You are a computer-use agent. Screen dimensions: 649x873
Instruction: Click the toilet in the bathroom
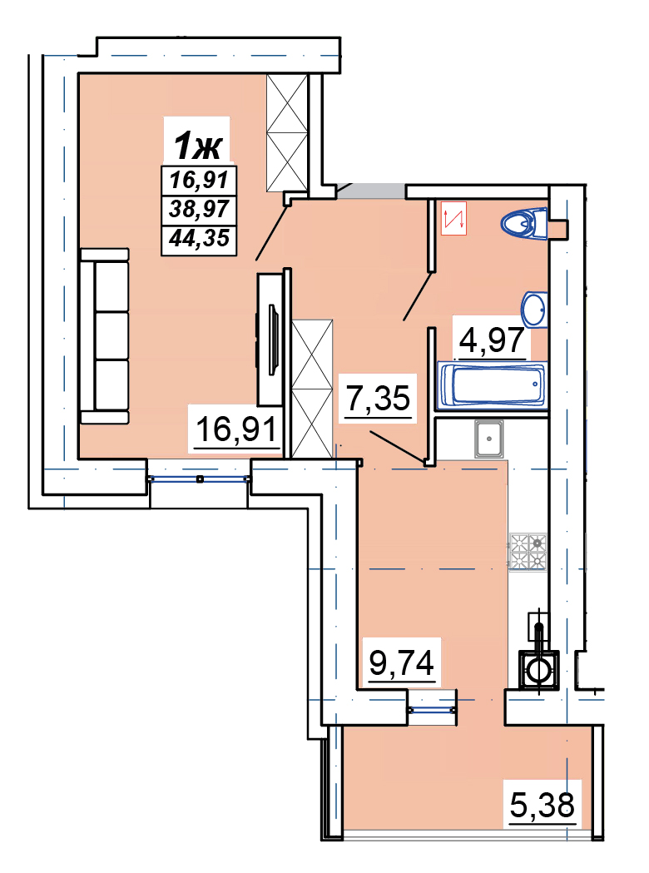(524, 223)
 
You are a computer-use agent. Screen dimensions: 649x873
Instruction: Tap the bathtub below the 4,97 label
(493, 384)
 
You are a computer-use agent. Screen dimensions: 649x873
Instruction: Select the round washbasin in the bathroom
(535, 309)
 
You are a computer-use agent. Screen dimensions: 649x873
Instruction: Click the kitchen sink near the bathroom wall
(488, 439)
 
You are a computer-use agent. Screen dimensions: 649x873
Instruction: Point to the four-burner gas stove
(528, 551)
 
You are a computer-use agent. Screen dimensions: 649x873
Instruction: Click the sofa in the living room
(105, 336)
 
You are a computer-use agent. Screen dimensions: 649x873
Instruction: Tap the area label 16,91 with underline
(236, 429)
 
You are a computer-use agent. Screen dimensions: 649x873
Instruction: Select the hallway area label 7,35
(379, 399)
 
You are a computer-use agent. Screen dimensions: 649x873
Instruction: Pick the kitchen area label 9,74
(402, 662)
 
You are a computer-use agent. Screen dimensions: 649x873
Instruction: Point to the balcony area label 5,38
(542, 805)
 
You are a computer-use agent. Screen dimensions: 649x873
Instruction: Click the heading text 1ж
(197, 146)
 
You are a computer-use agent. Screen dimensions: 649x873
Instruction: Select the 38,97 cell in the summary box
(199, 210)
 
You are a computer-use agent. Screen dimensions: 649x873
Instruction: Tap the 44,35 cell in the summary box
(199, 239)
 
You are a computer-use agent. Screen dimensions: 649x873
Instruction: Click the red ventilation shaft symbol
(453, 218)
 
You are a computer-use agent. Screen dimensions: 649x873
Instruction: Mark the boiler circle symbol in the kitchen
(538, 670)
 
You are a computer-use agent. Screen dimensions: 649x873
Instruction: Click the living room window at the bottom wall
(199, 479)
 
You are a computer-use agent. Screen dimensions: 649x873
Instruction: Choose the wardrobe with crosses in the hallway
(312, 389)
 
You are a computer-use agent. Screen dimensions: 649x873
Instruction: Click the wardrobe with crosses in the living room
(287, 133)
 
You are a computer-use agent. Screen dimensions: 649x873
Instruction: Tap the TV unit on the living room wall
(270, 339)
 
